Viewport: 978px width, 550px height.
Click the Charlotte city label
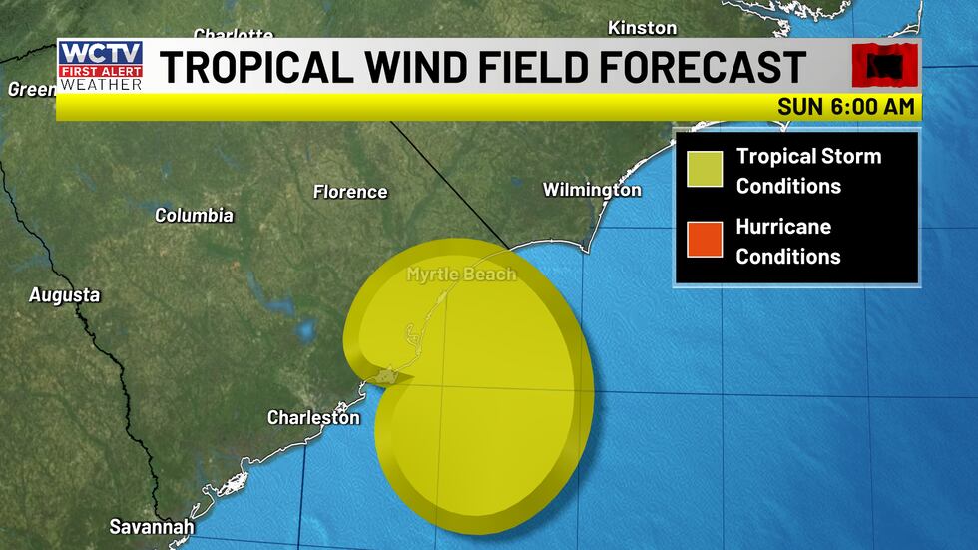coord(233,35)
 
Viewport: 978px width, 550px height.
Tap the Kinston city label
coord(642,28)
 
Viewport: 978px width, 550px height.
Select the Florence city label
coord(349,192)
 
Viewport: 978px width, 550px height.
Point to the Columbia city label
coord(194,215)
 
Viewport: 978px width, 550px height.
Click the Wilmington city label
coord(591,190)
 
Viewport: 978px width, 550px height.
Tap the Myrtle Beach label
coord(461,274)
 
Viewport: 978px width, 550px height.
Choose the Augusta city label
coord(64,295)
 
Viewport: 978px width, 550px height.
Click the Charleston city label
coord(313,418)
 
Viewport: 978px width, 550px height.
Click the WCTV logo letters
coord(100,53)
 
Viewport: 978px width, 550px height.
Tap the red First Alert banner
coord(100,71)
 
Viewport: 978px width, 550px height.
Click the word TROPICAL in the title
coord(254,67)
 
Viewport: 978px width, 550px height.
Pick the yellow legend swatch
coord(703,170)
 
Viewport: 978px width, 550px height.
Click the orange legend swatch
coord(703,240)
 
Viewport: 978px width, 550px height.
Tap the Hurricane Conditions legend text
coord(788,241)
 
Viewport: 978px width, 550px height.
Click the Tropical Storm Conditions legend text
coord(808,171)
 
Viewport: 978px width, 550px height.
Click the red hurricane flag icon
coord(883,66)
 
